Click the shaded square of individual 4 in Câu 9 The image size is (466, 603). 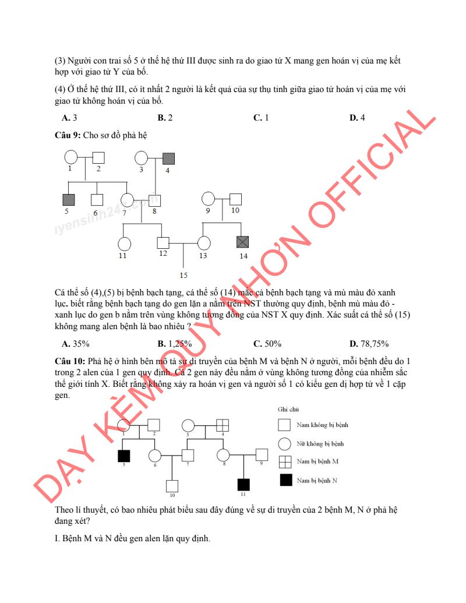168,158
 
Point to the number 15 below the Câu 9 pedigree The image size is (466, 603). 183,275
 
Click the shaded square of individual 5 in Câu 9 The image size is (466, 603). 69,199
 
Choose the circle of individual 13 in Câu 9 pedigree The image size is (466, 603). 203,242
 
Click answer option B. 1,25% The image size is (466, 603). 172,343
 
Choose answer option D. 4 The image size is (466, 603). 357,118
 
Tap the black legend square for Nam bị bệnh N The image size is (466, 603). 285,480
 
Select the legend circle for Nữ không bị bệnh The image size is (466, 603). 285,443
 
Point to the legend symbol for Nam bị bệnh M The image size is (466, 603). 285,461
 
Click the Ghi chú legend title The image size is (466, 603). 284,410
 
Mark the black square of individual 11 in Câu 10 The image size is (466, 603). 243,484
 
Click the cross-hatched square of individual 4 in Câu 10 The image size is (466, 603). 223,426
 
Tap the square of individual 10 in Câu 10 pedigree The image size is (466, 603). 172,485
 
